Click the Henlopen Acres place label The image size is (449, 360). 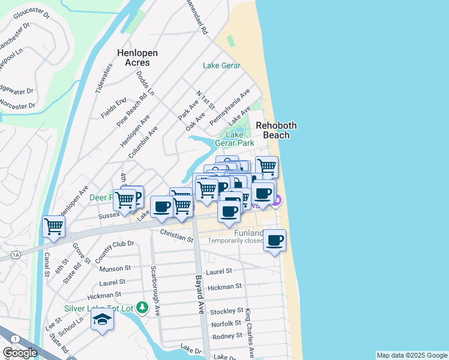click(137, 58)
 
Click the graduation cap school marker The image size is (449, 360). click(102, 320)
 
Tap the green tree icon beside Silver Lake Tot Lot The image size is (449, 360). click(142, 308)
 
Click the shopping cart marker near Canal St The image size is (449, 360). click(54, 227)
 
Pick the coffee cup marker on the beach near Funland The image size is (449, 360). click(274, 241)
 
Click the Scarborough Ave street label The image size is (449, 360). click(155, 291)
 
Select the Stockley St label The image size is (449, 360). click(226, 311)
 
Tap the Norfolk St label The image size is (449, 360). click(226, 324)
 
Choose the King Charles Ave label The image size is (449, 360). click(249, 333)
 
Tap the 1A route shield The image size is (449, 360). click(16, 255)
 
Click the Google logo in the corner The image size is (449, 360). click(20, 353)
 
